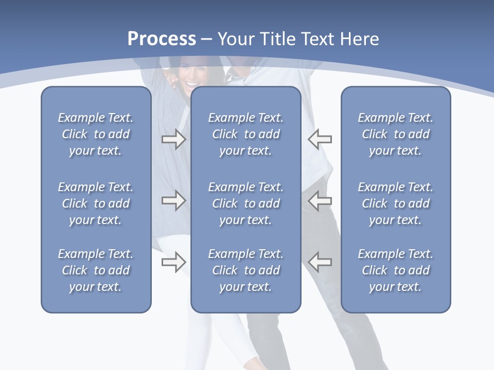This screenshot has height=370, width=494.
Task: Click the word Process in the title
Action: (162, 39)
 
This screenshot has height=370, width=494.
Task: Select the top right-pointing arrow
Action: (173, 139)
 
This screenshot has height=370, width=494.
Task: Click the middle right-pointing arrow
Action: (173, 200)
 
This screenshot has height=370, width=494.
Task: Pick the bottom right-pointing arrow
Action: (173, 262)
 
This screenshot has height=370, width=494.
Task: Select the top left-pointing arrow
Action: (320, 139)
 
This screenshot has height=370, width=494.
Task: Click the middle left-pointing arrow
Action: (320, 200)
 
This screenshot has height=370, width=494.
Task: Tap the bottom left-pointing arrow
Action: (320, 262)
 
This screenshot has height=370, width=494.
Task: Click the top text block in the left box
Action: (96, 134)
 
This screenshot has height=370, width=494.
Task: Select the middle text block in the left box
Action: (96, 203)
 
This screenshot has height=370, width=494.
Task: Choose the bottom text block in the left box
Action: (96, 270)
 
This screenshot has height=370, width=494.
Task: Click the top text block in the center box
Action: (245, 134)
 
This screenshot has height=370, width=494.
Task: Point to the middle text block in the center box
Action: (245, 203)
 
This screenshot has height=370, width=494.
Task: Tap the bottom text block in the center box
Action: (245, 270)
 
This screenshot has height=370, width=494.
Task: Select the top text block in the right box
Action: (395, 134)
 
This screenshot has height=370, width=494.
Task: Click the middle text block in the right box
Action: (395, 203)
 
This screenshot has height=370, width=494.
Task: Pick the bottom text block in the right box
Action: (395, 270)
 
